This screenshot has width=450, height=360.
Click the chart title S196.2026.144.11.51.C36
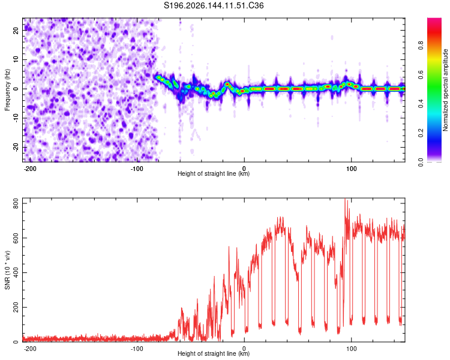pyautogui.click(x=214, y=5)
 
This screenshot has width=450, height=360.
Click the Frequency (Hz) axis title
pyautogui.click(x=7, y=90)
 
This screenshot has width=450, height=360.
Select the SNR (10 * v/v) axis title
pyautogui.click(x=7, y=270)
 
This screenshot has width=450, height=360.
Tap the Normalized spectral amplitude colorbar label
pyautogui.click(x=445, y=90)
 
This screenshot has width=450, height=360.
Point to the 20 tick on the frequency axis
pyautogui.click(x=16, y=30)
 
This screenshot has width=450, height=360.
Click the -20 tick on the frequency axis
pyautogui.click(x=16, y=147)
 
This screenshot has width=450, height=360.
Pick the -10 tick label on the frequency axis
pyautogui.click(x=16, y=118)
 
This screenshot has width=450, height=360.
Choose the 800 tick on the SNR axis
pyautogui.click(x=16, y=203)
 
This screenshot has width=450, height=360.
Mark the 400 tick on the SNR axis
pyautogui.click(x=16, y=273)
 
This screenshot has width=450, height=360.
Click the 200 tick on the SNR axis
pyautogui.click(x=16, y=307)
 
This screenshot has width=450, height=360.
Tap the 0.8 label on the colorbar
pyautogui.click(x=421, y=46)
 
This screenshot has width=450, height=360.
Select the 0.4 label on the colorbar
pyautogui.click(x=421, y=104)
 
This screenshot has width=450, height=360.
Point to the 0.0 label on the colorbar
pyautogui.click(x=421, y=162)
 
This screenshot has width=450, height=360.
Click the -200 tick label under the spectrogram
pyautogui.click(x=29, y=169)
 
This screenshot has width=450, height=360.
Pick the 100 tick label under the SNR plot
pyautogui.click(x=351, y=349)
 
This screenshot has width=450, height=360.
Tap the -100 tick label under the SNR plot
pyautogui.click(x=137, y=349)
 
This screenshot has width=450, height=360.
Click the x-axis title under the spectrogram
pyautogui.click(x=214, y=173)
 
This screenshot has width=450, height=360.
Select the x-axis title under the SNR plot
pyautogui.click(x=214, y=353)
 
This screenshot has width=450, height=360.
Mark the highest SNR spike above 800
pyautogui.click(x=345, y=199)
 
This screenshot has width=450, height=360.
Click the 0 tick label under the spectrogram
pyautogui.click(x=244, y=169)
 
